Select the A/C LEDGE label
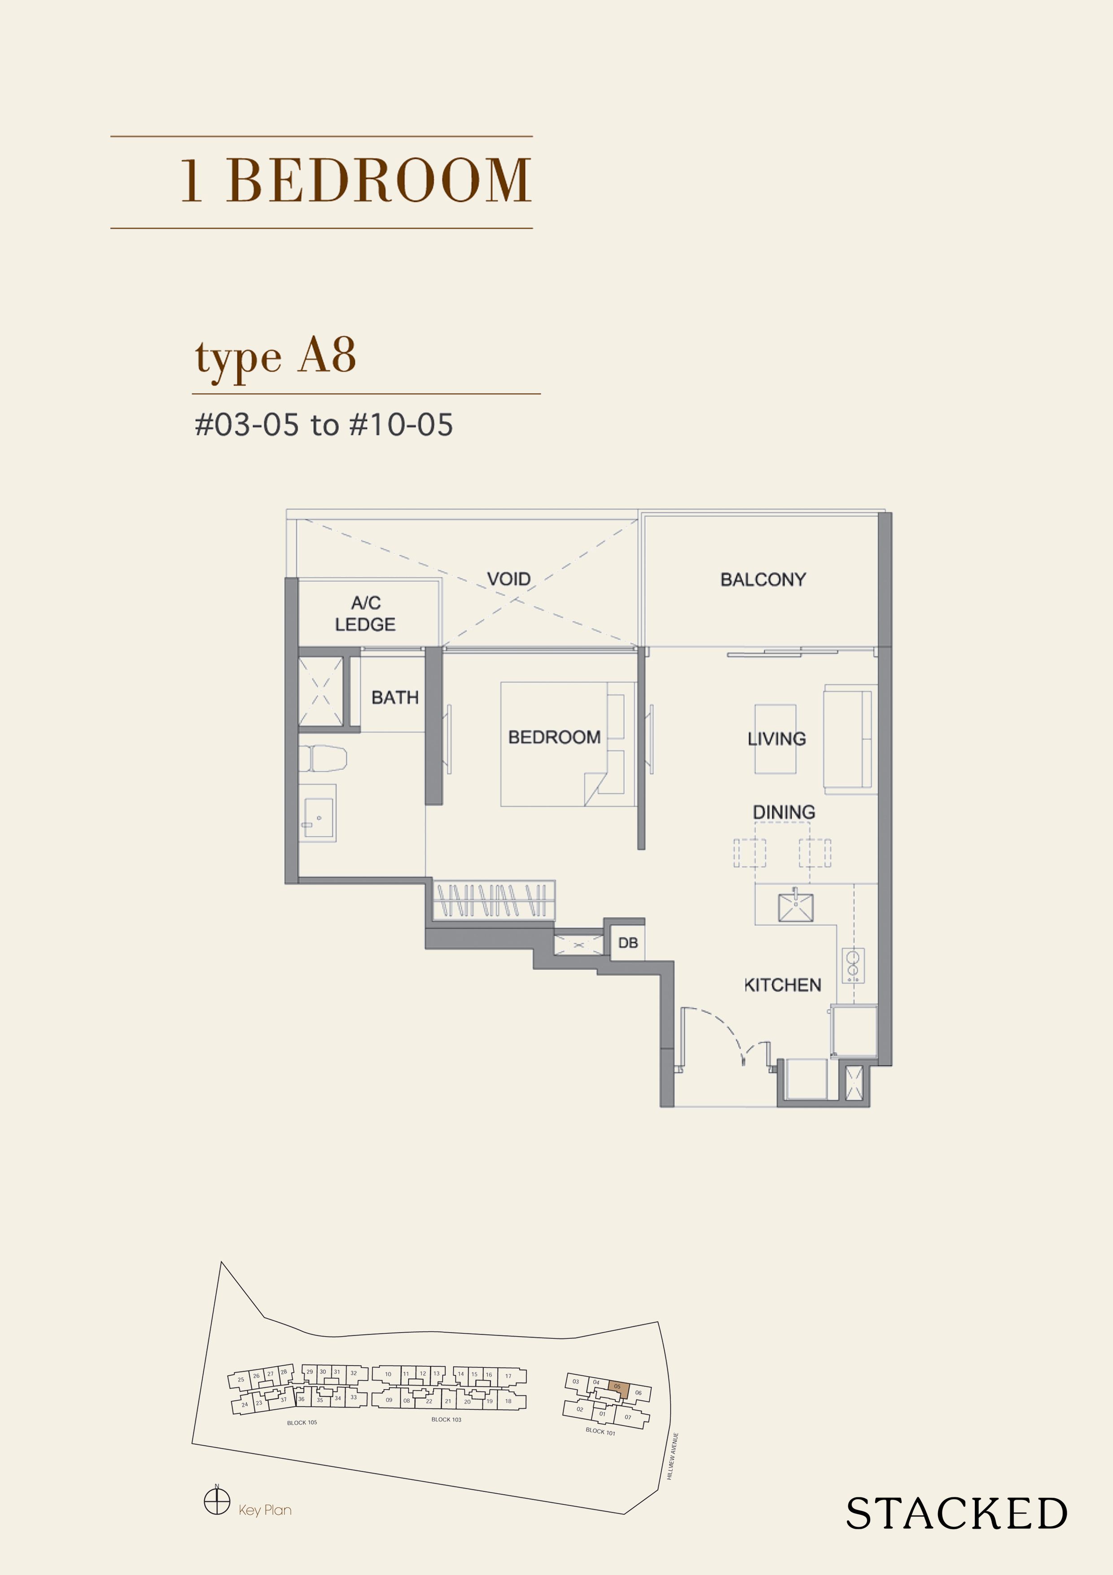point(365,613)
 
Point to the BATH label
point(394,698)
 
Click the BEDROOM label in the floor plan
point(554,737)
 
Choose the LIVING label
point(776,739)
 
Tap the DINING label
point(784,812)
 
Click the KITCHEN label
point(782,985)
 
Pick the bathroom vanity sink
point(317,813)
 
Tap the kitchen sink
point(796,907)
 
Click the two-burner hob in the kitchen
point(853,965)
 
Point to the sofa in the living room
point(849,739)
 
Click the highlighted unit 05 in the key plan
point(618,1386)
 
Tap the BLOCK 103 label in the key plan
point(447,1419)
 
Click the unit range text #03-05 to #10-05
point(324,425)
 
